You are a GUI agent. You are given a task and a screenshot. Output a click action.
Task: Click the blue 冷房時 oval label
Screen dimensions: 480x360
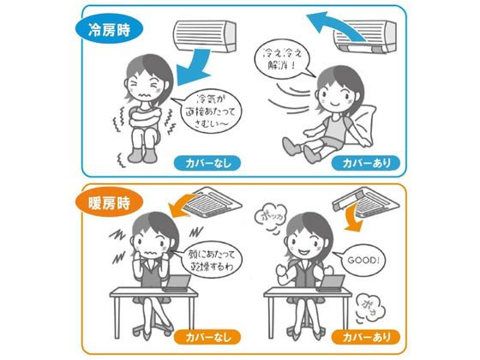coord(109,30)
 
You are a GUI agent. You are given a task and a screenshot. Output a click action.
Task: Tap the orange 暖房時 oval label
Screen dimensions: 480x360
coord(109,202)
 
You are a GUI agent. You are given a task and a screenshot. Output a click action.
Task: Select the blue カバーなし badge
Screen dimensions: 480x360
coord(207,164)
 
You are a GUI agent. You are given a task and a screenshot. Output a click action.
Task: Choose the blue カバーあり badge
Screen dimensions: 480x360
coord(365,163)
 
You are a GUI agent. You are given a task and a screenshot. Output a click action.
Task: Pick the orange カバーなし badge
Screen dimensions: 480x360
coord(207,337)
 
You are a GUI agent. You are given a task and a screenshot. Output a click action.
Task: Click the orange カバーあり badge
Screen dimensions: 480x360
coord(365,337)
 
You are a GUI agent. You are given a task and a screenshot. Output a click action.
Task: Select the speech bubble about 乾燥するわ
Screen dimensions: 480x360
coord(209,260)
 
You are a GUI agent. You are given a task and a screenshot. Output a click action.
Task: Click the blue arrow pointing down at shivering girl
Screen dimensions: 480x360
coord(195,68)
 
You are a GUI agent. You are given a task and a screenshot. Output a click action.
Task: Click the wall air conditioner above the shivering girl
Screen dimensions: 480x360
coord(205,36)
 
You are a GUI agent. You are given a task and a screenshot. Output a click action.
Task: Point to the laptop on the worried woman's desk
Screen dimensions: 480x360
coord(177,283)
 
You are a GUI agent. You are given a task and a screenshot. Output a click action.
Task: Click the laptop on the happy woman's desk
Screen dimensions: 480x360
coord(332,283)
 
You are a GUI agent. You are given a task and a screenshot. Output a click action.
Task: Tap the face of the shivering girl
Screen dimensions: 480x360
coord(143,87)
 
